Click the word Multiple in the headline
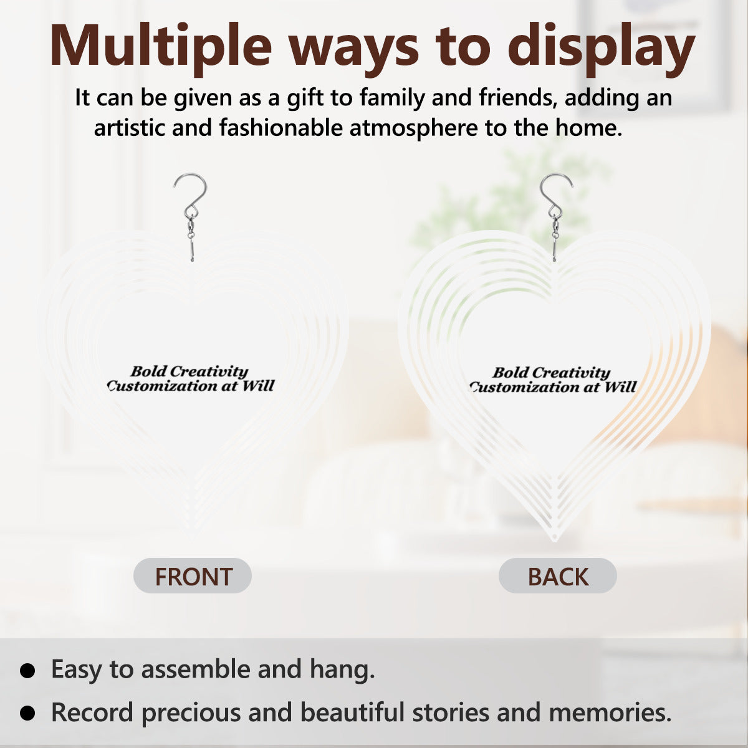coord(160,45)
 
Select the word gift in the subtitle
coord(305,98)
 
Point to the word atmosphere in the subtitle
coord(414,128)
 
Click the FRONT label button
coord(193,577)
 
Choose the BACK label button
coord(558,577)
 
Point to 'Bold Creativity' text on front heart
coord(189,372)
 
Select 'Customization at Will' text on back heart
coord(553,387)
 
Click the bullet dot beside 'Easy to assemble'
coord(27,670)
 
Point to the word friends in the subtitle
coord(517,97)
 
